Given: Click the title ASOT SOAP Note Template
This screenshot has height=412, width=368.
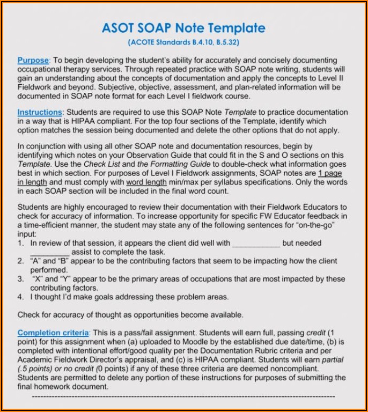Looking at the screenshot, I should click(x=183, y=28).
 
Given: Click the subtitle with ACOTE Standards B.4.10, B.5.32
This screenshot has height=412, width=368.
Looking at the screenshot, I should click(x=183, y=41).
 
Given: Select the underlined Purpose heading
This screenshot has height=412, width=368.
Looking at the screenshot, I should click(x=33, y=61).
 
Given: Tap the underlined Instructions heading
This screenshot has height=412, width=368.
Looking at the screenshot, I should click(x=40, y=112).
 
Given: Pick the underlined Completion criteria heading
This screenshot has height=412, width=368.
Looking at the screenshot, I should click(x=53, y=333).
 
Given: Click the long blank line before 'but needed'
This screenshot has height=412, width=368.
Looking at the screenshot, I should click(x=255, y=244).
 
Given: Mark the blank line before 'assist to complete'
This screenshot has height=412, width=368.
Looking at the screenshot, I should click(x=49, y=253).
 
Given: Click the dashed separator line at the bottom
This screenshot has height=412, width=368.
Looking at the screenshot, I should click(x=183, y=396).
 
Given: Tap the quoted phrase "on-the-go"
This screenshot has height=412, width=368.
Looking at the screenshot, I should click(x=328, y=225).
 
